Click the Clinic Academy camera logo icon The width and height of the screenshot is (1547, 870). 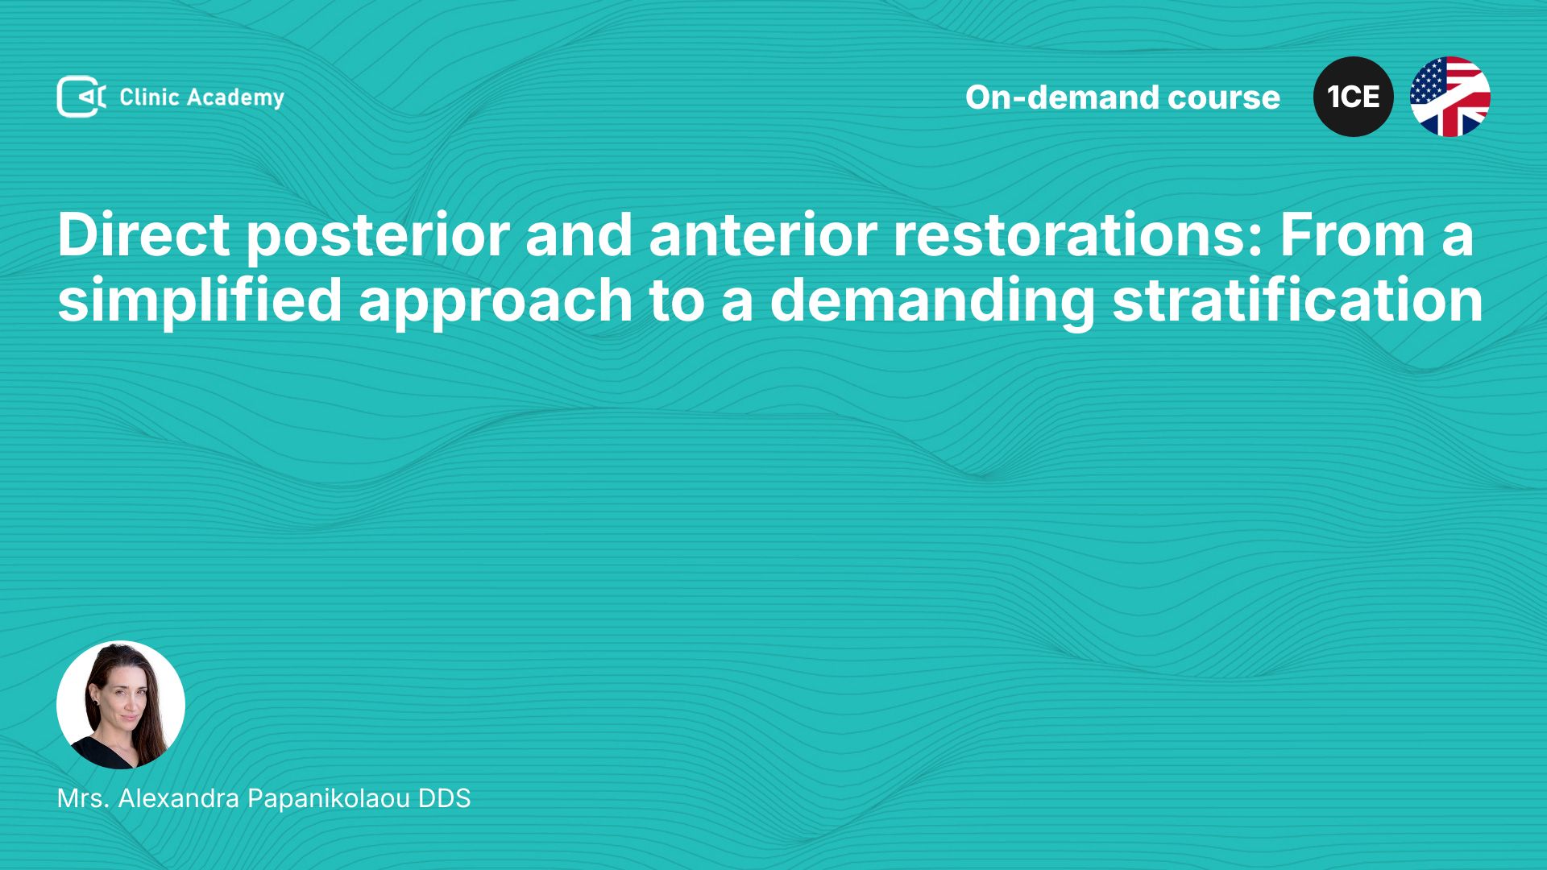tap(81, 97)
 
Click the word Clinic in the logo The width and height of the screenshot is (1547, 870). tap(149, 97)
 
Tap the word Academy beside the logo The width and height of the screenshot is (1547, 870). tap(236, 98)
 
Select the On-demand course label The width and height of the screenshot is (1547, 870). tap(1122, 97)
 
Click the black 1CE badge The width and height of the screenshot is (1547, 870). tap(1354, 97)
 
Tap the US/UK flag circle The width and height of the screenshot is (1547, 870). tap(1450, 97)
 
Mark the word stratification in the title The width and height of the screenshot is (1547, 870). tap(1297, 300)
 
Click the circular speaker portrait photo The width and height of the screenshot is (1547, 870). tap(121, 705)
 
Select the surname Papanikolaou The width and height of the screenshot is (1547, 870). tap(329, 799)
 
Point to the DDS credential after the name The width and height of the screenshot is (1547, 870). tap(444, 798)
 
